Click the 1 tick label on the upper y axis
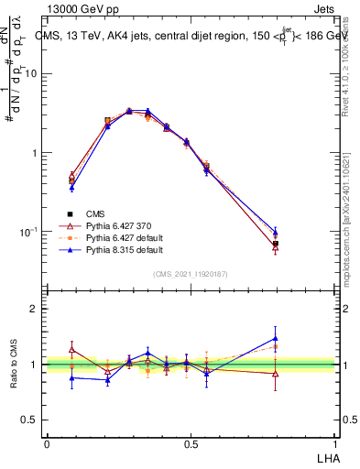coord(35,153)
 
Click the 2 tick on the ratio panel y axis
coord(35,310)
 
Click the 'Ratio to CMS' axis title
coord(14,364)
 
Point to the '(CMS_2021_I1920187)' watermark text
coord(190,273)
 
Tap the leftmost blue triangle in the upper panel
coord(71,188)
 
